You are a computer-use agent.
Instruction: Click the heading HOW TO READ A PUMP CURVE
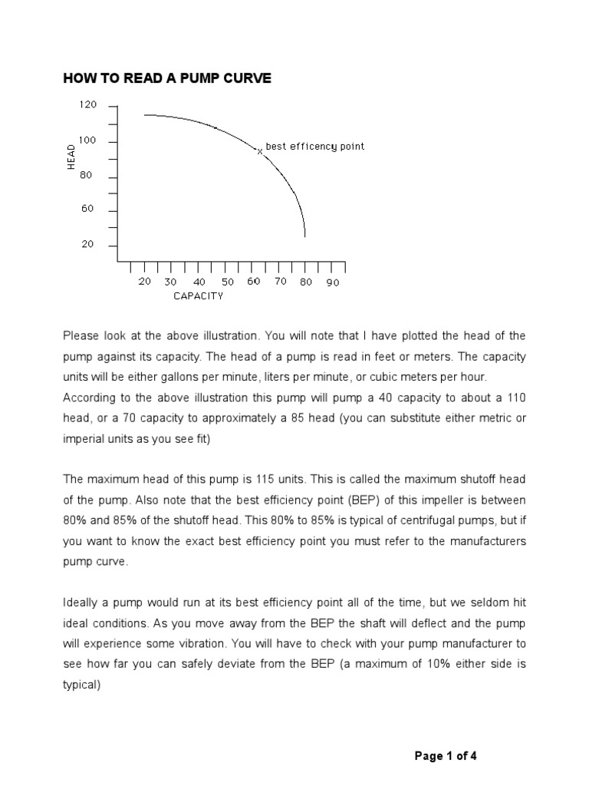(167, 78)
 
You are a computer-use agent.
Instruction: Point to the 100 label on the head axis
(87, 141)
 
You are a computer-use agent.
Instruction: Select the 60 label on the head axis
(87, 210)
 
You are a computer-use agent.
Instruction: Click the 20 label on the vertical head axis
(87, 245)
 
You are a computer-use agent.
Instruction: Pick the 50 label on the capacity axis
(228, 282)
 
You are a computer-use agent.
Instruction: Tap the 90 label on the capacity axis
(332, 282)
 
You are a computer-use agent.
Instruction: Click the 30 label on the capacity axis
(170, 282)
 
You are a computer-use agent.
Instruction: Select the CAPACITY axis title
(198, 296)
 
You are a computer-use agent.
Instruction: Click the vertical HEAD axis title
(71, 156)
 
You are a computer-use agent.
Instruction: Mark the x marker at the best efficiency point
(260, 151)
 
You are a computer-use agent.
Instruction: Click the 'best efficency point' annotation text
(314, 146)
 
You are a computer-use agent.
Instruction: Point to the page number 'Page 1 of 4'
(446, 756)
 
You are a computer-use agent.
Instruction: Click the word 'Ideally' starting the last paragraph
(81, 601)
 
